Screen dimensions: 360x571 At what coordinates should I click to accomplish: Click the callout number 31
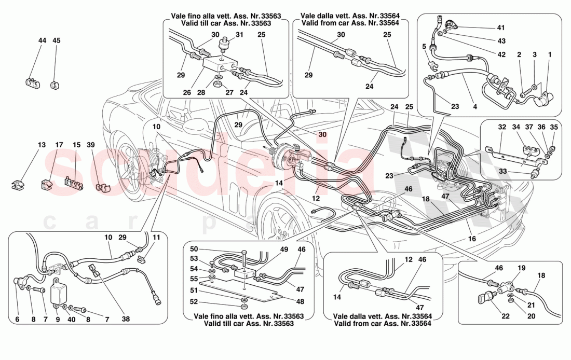point(239,35)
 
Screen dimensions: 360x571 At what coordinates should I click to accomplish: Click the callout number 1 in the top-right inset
point(550,54)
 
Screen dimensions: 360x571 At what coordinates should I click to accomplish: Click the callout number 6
point(17,320)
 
